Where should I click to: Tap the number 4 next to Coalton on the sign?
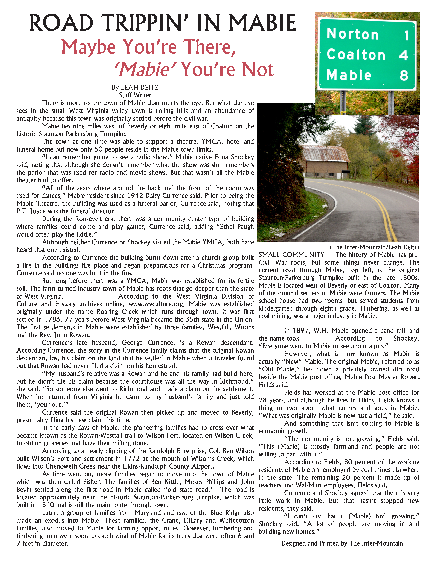403,55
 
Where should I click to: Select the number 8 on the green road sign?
404,76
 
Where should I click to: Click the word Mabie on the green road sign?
349,75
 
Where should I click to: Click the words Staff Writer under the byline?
135,95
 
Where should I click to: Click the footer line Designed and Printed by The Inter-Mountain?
342,543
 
